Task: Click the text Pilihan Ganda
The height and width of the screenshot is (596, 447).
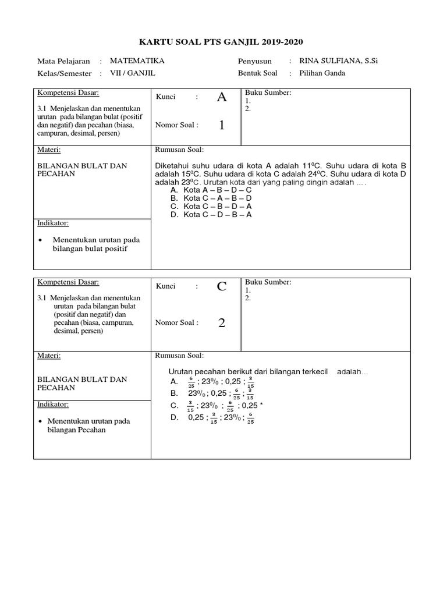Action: coord(322,73)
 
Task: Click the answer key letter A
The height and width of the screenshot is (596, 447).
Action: coord(221,97)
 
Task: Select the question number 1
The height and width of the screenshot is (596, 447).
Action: coord(222,125)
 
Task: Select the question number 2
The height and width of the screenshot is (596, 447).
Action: coord(222,323)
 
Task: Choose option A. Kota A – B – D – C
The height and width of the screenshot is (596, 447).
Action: coord(211,190)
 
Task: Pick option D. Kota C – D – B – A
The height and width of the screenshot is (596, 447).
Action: coord(211,214)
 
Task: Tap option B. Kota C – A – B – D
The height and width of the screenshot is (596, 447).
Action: coord(211,198)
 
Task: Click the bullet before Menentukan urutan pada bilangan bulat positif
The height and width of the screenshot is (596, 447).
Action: coord(40,240)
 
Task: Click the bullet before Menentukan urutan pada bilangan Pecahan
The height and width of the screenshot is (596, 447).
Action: coord(40,421)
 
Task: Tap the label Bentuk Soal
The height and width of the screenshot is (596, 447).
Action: coord(258,73)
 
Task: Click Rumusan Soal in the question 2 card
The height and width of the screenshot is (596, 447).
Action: coord(179,356)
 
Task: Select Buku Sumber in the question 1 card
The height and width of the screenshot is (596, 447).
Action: coord(268,93)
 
